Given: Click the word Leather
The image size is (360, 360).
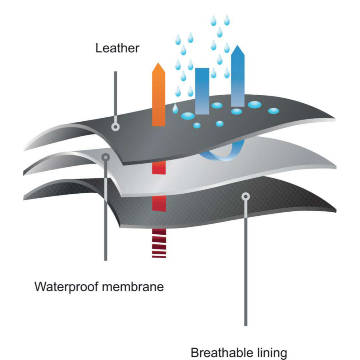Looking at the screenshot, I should click(117, 48).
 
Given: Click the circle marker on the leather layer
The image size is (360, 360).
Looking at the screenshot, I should click(116, 128).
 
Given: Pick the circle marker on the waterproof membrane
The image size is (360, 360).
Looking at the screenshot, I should click(106, 157).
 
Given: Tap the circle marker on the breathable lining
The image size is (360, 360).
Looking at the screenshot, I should click(246, 196).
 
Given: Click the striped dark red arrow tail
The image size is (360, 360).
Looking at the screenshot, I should click(158, 245).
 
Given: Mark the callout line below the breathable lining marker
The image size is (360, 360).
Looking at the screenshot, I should click(246, 260).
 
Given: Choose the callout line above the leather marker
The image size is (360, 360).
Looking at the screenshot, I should click(116, 96).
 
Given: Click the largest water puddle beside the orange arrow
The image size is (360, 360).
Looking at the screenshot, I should click(188, 116).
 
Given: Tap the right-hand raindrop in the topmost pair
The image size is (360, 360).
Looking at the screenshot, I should click(227, 19).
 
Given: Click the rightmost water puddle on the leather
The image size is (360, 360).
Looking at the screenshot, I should click(273, 110).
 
